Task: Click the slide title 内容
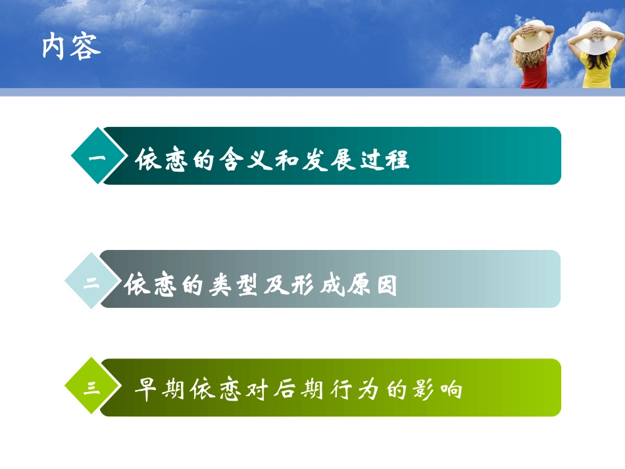[71, 47]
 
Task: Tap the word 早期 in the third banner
[159, 389]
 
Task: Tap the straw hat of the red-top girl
[532, 37]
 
